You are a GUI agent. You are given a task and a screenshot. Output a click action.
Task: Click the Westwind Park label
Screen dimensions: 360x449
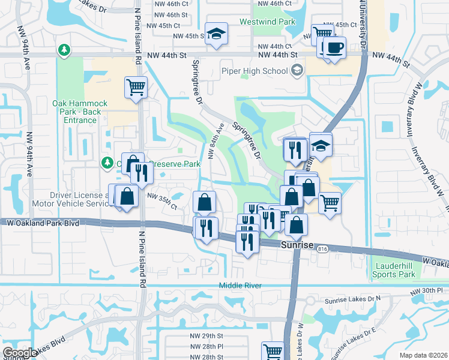point(267,22)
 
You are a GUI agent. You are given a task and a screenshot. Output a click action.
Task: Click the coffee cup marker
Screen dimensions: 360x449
point(334,47)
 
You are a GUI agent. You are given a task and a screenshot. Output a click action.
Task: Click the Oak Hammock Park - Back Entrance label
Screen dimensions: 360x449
point(79,112)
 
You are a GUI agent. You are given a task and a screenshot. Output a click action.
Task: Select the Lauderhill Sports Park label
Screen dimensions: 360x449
point(394,270)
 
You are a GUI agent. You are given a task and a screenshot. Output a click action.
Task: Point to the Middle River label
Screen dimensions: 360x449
point(240,286)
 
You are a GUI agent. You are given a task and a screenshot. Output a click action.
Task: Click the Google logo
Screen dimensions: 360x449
point(19,353)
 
